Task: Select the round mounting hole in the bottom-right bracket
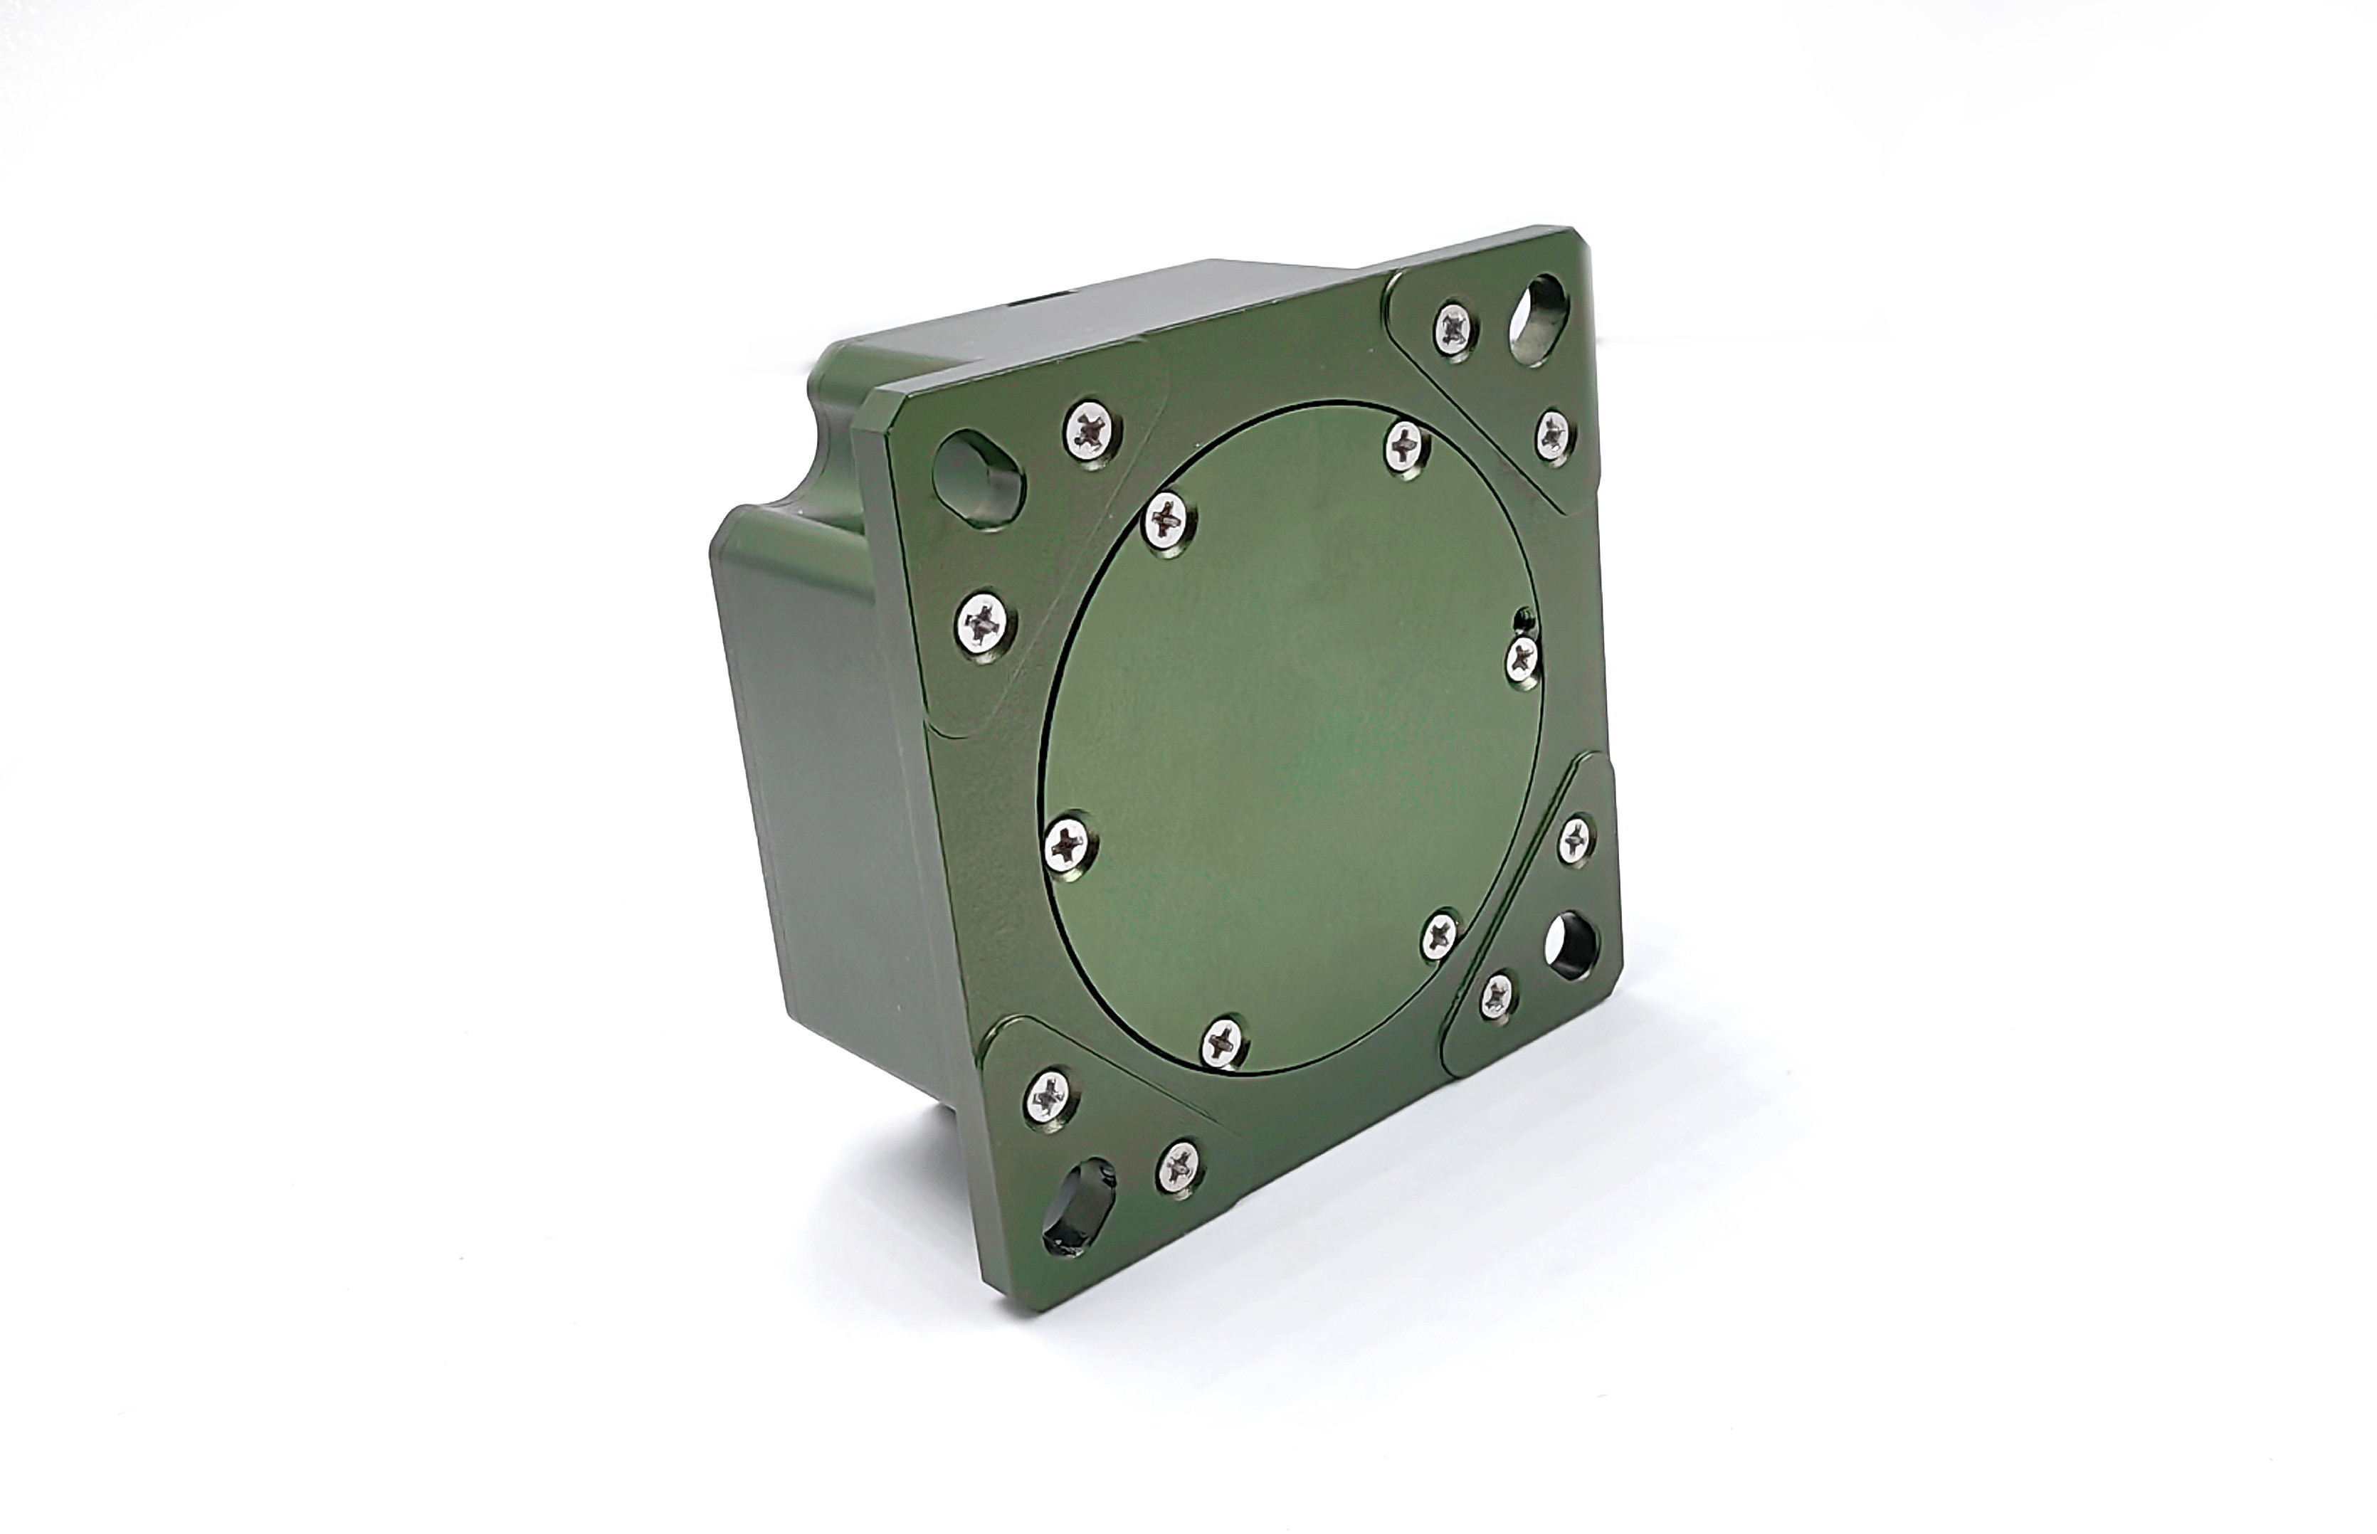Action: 1572,941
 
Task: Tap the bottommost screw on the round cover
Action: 1223,1043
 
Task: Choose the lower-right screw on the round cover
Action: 1440,936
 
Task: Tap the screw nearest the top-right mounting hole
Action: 1457,329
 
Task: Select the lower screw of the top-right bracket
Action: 1552,433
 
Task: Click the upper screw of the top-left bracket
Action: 1093,431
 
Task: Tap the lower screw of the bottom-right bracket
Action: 1497,996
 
